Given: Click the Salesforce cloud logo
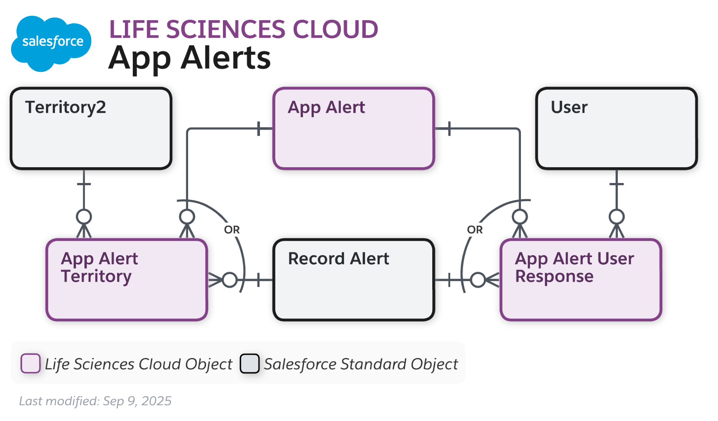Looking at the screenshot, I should (51, 42).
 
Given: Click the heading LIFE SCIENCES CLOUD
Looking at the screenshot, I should (243, 29).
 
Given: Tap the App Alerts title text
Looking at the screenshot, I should (190, 58).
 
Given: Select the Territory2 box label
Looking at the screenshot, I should (66, 107).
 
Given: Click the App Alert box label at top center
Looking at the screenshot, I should (326, 107).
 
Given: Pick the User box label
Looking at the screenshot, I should (569, 107).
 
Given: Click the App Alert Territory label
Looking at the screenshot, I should (99, 267).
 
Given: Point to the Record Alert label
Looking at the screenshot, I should (338, 259).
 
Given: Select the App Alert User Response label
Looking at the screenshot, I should (574, 267).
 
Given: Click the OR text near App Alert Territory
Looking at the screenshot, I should (232, 230).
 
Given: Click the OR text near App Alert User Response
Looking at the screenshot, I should (475, 230).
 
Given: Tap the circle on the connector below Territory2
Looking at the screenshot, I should (84, 217).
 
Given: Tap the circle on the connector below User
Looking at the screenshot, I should (616, 217).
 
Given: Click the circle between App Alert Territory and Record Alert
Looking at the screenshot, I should (230, 280).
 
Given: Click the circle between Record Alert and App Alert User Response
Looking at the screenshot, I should (478, 280).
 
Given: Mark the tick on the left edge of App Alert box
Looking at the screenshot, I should (259, 128).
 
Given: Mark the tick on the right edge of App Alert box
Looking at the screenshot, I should (449, 128).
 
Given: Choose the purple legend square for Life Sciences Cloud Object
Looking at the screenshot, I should (31, 363).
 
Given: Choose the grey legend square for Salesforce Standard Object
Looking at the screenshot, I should (250, 363).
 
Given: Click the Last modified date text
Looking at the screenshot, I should (95, 401).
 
